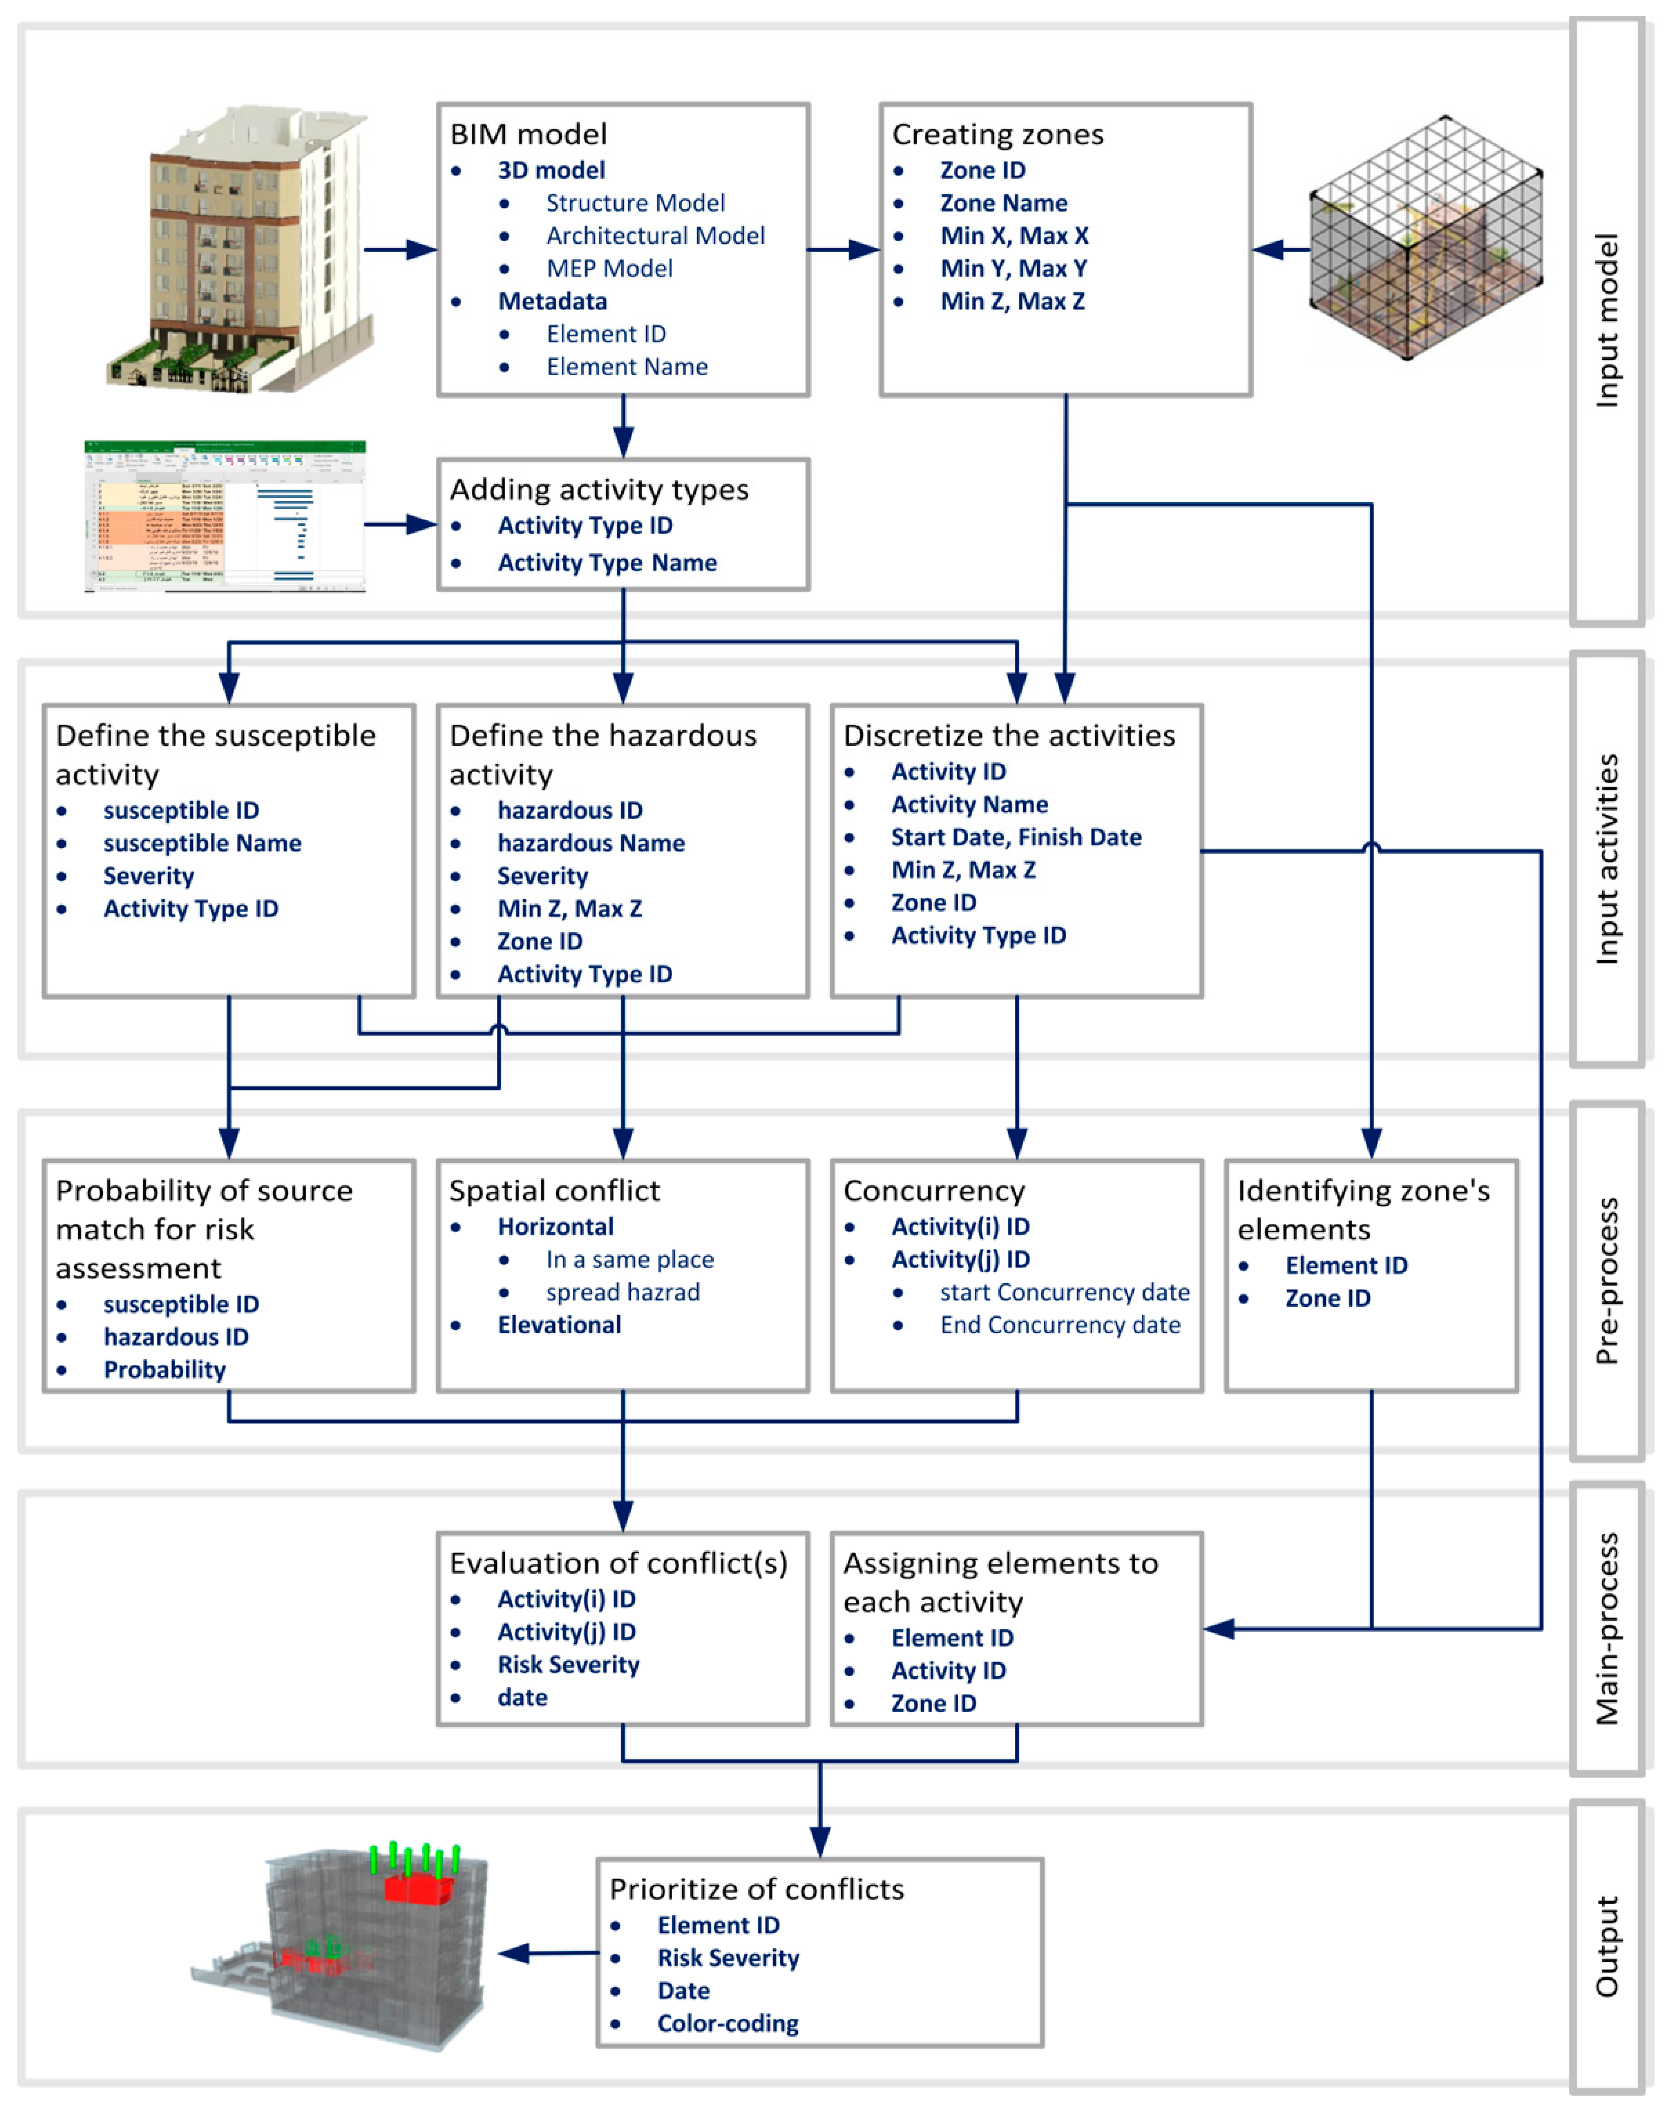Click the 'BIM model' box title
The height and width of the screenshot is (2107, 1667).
tap(528, 134)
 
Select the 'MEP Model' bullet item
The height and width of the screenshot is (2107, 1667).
tap(609, 268)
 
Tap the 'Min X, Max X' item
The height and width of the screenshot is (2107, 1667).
tap(1014, 235)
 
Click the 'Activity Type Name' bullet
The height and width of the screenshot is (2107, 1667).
tap(607, 563)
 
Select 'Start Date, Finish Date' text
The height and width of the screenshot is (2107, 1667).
tap(1016, 838)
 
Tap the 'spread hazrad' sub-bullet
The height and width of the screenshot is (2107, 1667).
tap(623, 1292)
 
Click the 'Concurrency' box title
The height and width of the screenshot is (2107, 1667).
tap(934, 1191)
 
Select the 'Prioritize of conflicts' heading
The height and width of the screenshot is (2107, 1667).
tap(756, 1889)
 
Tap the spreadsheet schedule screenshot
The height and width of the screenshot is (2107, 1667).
tap(225, 516)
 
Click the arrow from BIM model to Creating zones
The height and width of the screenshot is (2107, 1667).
tap(844, 250)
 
